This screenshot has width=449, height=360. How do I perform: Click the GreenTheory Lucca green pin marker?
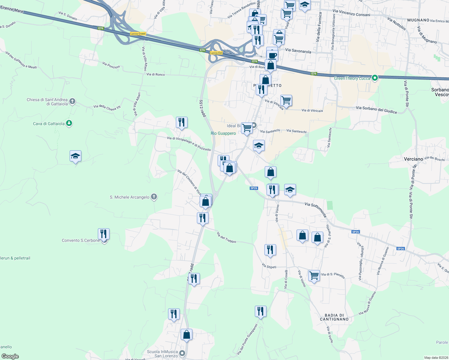click(375, 78)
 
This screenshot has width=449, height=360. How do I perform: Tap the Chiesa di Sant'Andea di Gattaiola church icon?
click(72, 101)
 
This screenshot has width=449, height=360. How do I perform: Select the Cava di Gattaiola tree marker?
click(69, 123)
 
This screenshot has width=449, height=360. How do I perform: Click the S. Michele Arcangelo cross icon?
click(154, 197)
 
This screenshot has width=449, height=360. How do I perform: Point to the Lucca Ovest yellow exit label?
click(138, 34)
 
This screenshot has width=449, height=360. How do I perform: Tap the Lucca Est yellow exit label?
click(216, 53)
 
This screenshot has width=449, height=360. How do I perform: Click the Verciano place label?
click(413, 159)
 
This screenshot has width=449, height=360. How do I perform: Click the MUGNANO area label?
click(418, 20)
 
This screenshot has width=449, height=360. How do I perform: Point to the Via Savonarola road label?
click(298, 51)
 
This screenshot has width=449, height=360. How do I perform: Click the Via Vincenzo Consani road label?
click(351, 13)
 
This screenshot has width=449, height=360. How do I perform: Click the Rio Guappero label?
click(223, 133)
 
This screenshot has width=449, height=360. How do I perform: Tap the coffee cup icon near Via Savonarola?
click(273, 55)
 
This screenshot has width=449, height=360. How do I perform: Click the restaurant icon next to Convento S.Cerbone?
click(104, 234)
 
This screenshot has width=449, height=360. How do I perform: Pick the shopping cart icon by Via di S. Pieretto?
click(314, 275)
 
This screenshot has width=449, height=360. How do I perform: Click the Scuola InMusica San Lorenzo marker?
click(182, 353)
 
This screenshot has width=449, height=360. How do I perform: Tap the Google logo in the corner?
click(10, 356)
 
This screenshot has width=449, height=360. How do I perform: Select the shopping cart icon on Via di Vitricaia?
click(286, 100)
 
